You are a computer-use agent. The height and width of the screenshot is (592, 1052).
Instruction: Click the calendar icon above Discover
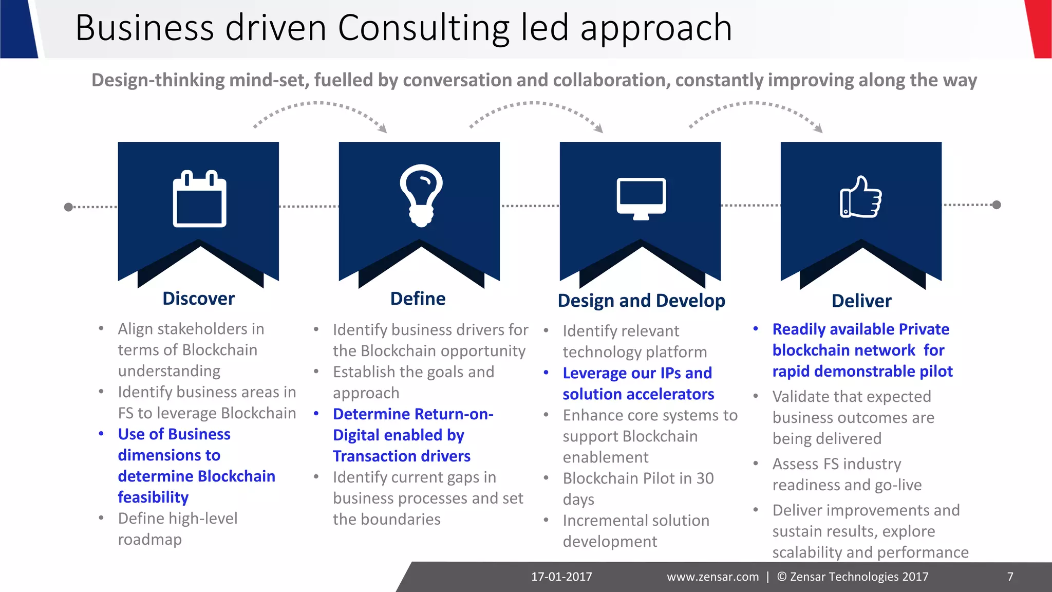[x=199, y=199]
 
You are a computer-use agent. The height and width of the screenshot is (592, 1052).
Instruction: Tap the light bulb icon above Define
[x=421, y=195]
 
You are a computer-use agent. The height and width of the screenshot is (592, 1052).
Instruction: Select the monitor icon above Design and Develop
[x=641, y=198]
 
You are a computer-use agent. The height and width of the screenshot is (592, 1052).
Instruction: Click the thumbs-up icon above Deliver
[x=860, y=198]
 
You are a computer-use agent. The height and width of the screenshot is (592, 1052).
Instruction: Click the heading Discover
[x=198, y=299]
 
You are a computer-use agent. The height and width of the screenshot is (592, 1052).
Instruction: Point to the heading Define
[x=418, y=299]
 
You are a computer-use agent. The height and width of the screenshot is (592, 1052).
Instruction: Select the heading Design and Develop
[x=641, y=301]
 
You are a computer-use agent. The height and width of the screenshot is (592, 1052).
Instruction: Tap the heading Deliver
[x=861, y=301]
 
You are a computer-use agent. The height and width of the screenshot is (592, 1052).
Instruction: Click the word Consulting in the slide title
[x=423, y=28]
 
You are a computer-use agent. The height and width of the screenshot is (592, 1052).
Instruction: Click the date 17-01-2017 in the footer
[x=561, y=577]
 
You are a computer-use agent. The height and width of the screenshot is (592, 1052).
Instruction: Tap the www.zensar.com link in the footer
[x=712, y=577]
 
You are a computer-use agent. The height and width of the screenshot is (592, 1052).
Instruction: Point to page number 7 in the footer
[x=1010, y=577]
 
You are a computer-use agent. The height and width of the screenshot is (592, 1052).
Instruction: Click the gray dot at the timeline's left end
[x=68, y=207]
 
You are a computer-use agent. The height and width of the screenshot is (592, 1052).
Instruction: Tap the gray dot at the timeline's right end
[x=997, y=205]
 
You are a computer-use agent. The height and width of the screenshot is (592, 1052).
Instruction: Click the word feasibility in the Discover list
[x=153, y=497]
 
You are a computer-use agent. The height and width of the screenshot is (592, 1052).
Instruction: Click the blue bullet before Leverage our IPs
[x=546, y=373]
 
